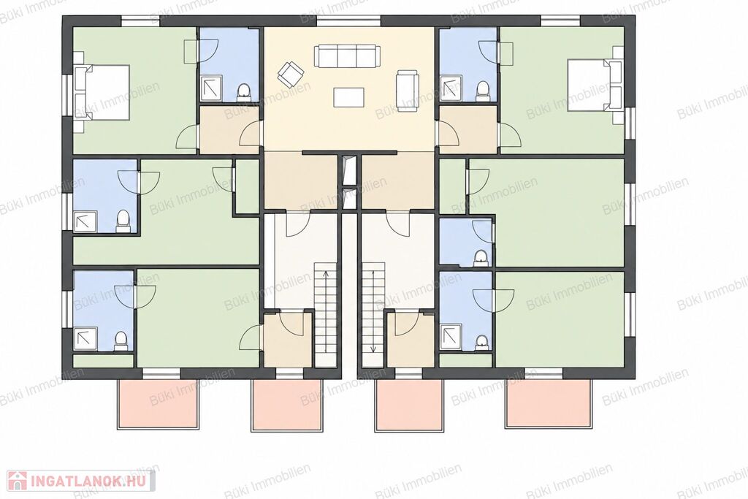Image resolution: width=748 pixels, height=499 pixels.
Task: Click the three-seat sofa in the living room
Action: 346,56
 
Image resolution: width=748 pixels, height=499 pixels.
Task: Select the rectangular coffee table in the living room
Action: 349,97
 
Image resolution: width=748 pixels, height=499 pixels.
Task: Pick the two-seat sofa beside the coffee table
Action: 408,91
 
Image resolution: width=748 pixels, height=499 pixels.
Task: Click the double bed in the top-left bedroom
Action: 102,92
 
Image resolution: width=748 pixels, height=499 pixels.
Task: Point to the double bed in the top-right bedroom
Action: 595,85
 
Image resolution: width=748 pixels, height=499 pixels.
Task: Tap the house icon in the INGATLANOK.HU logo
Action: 18,481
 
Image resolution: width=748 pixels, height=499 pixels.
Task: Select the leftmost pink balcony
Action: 157,403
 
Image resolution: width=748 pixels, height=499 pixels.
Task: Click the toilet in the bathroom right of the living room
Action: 483,91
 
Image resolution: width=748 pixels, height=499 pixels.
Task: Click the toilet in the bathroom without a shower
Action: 481,259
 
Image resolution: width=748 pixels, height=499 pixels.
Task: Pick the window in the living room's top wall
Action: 349,21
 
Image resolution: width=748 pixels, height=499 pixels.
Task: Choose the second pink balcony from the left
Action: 287,405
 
